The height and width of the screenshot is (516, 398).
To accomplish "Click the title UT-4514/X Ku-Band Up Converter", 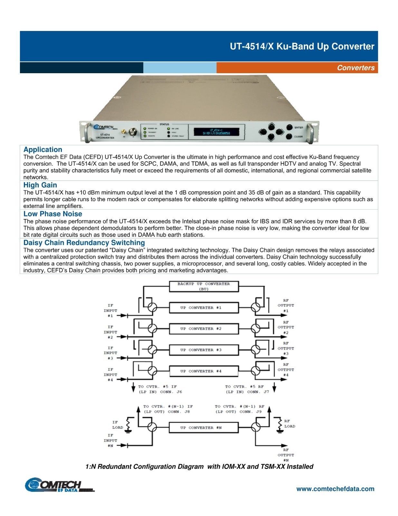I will tap(302, 46).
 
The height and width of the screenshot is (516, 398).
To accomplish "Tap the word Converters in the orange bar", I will tap(355, 68).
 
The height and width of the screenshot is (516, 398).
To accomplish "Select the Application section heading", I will tap(43, 150).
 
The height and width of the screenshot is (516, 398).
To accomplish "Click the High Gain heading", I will tap(40, 185).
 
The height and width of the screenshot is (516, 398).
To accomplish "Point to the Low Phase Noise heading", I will tap(52, 214).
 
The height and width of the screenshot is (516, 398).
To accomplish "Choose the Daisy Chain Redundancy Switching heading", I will tap(84, 243).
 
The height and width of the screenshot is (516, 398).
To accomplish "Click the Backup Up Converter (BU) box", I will tap(204, 286).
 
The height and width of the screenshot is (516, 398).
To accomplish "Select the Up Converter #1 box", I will tap(204, 308).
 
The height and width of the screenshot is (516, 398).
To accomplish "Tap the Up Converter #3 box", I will tap(204, 350).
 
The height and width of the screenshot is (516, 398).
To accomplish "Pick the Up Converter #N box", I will tap(204, 428).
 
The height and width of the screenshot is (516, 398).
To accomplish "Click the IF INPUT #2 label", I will tap(110, 332).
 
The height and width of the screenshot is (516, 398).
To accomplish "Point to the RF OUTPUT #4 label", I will tap(286, 370).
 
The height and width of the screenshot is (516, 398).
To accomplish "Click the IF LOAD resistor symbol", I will tap(128, 424).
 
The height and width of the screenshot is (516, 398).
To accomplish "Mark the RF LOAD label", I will tap(289, 423).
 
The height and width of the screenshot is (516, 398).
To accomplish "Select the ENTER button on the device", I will tap(289, 128).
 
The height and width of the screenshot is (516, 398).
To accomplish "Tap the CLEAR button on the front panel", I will tap(289, 137).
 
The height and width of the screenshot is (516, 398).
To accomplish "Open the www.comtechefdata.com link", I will tap(335, 489).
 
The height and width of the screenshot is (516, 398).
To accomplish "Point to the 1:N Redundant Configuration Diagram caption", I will tap(199, 467).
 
